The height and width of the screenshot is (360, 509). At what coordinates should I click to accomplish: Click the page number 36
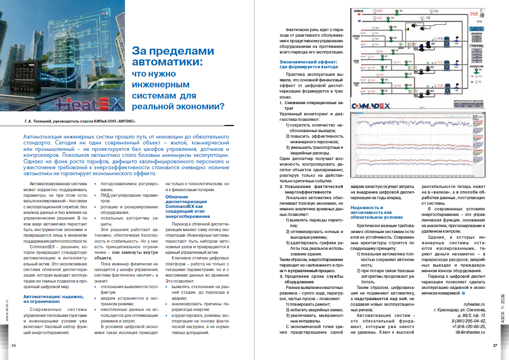pyautogui.click(x=14, y=345)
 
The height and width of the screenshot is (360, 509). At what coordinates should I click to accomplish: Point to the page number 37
pyautogui.click(x=495, y=345)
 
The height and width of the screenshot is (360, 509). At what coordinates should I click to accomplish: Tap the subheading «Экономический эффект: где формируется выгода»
pyautogui.click(x=309, y=64)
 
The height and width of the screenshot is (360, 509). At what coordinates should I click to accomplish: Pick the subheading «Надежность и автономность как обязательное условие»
pyautogui.click(x=377, y=212)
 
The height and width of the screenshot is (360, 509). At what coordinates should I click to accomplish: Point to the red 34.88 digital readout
pyautogui.click(x=474, y=14)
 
